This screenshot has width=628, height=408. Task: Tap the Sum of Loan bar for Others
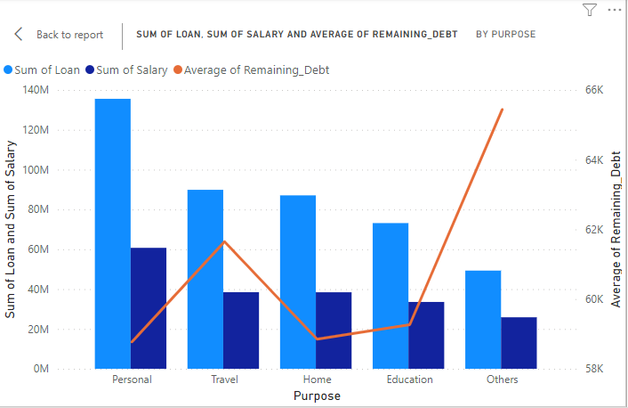click(x=483, y=319)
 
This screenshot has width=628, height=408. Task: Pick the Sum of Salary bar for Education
click(x=426, y=335)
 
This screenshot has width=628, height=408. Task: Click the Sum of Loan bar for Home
click(x=298, y=282)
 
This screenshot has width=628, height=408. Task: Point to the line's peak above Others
click(x=502, y=110)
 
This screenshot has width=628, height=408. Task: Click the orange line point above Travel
click(x=224, y=241)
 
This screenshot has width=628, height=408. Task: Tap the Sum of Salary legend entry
click(x=131, y=69)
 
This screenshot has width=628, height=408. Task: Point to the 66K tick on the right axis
click(x=593, y=90)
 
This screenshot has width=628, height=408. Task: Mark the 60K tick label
click(x=593, y=299)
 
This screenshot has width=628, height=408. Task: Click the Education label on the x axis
click(x=409, y=379)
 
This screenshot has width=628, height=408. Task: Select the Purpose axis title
click(x=318, y=396)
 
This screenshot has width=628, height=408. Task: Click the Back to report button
click(x=60, y=35)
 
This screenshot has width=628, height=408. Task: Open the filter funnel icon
click(x=589, y=10)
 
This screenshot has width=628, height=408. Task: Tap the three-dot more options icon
click(x=614, y=10)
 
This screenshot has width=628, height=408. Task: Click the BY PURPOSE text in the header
click(x=505, y=35)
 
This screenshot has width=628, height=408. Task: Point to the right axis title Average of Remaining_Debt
click(x=615, y=229)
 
